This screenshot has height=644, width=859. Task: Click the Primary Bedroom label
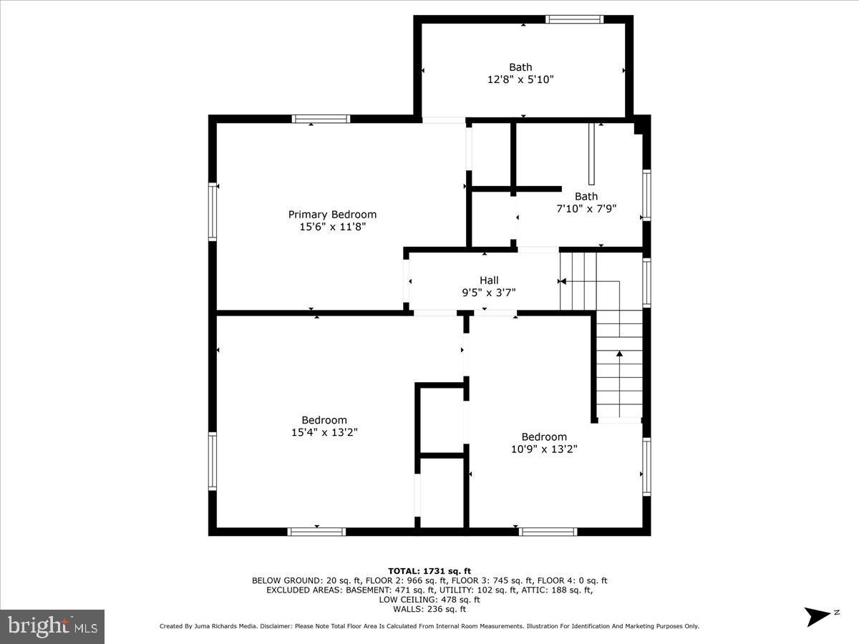332,215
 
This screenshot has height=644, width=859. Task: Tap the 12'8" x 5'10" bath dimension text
520,80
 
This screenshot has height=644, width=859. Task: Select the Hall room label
489,280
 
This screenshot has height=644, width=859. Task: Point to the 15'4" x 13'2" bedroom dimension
324,432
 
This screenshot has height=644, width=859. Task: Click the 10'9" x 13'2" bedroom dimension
544,449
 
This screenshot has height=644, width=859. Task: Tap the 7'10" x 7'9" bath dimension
586,209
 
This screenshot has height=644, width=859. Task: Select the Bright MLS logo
52,627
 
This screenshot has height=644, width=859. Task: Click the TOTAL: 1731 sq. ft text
429,570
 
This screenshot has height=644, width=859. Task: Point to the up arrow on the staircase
620,354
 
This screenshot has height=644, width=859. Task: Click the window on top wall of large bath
574,19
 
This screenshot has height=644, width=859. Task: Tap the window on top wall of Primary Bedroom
320,119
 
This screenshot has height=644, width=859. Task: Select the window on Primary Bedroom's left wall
213,211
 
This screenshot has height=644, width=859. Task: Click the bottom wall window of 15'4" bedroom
316,532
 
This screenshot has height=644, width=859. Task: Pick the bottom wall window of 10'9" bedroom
548,532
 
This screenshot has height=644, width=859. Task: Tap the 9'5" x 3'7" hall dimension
489,293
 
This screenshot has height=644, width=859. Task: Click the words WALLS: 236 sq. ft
429,609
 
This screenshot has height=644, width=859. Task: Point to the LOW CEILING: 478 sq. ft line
429,600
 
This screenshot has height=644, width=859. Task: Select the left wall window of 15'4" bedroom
213,461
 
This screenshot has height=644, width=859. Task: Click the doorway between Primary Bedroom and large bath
443,119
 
